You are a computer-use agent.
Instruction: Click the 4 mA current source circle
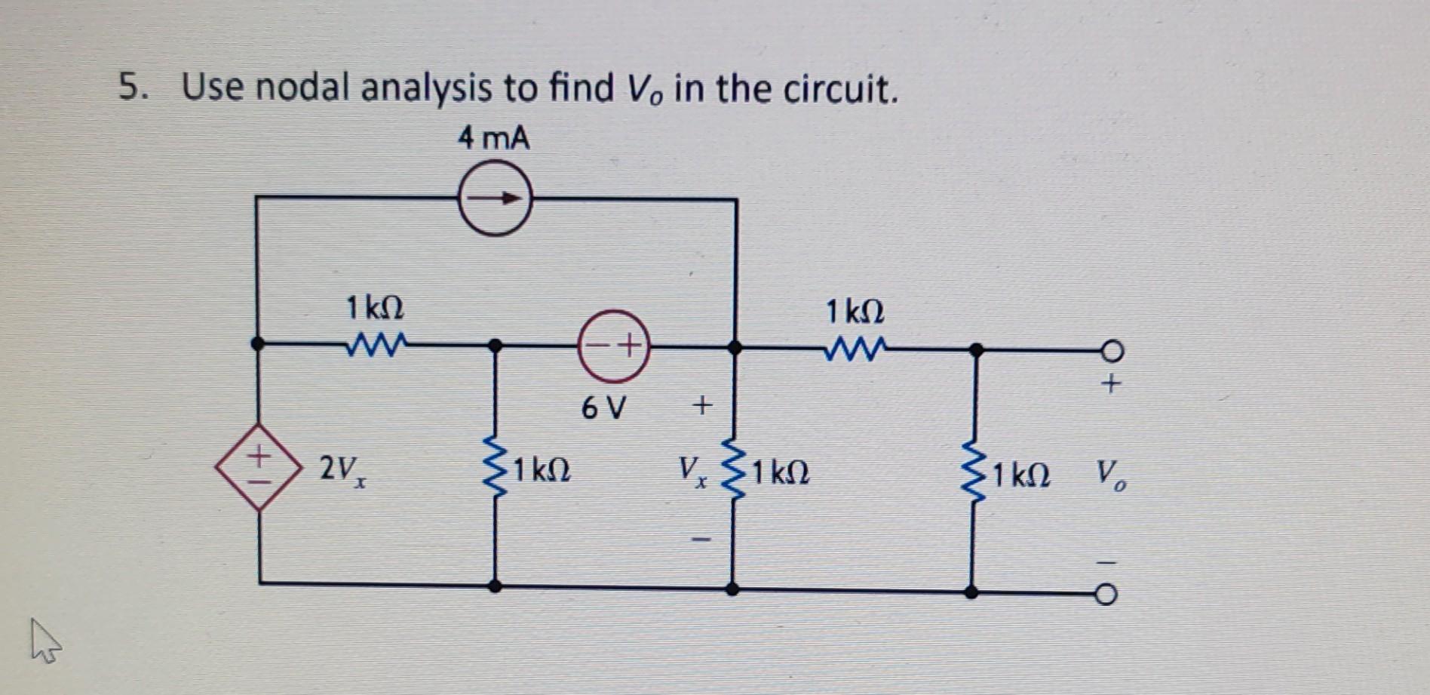496,199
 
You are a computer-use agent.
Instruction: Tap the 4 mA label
494,139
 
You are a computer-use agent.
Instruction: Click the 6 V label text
603,409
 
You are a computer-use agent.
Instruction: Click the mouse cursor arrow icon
44,641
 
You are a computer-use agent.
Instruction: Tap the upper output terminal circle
1110,351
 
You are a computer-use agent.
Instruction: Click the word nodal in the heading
302,88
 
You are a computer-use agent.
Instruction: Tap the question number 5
131,88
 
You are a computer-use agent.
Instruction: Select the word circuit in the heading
839,90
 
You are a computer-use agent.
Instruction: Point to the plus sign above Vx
701,407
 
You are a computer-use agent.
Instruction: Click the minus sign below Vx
701,540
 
